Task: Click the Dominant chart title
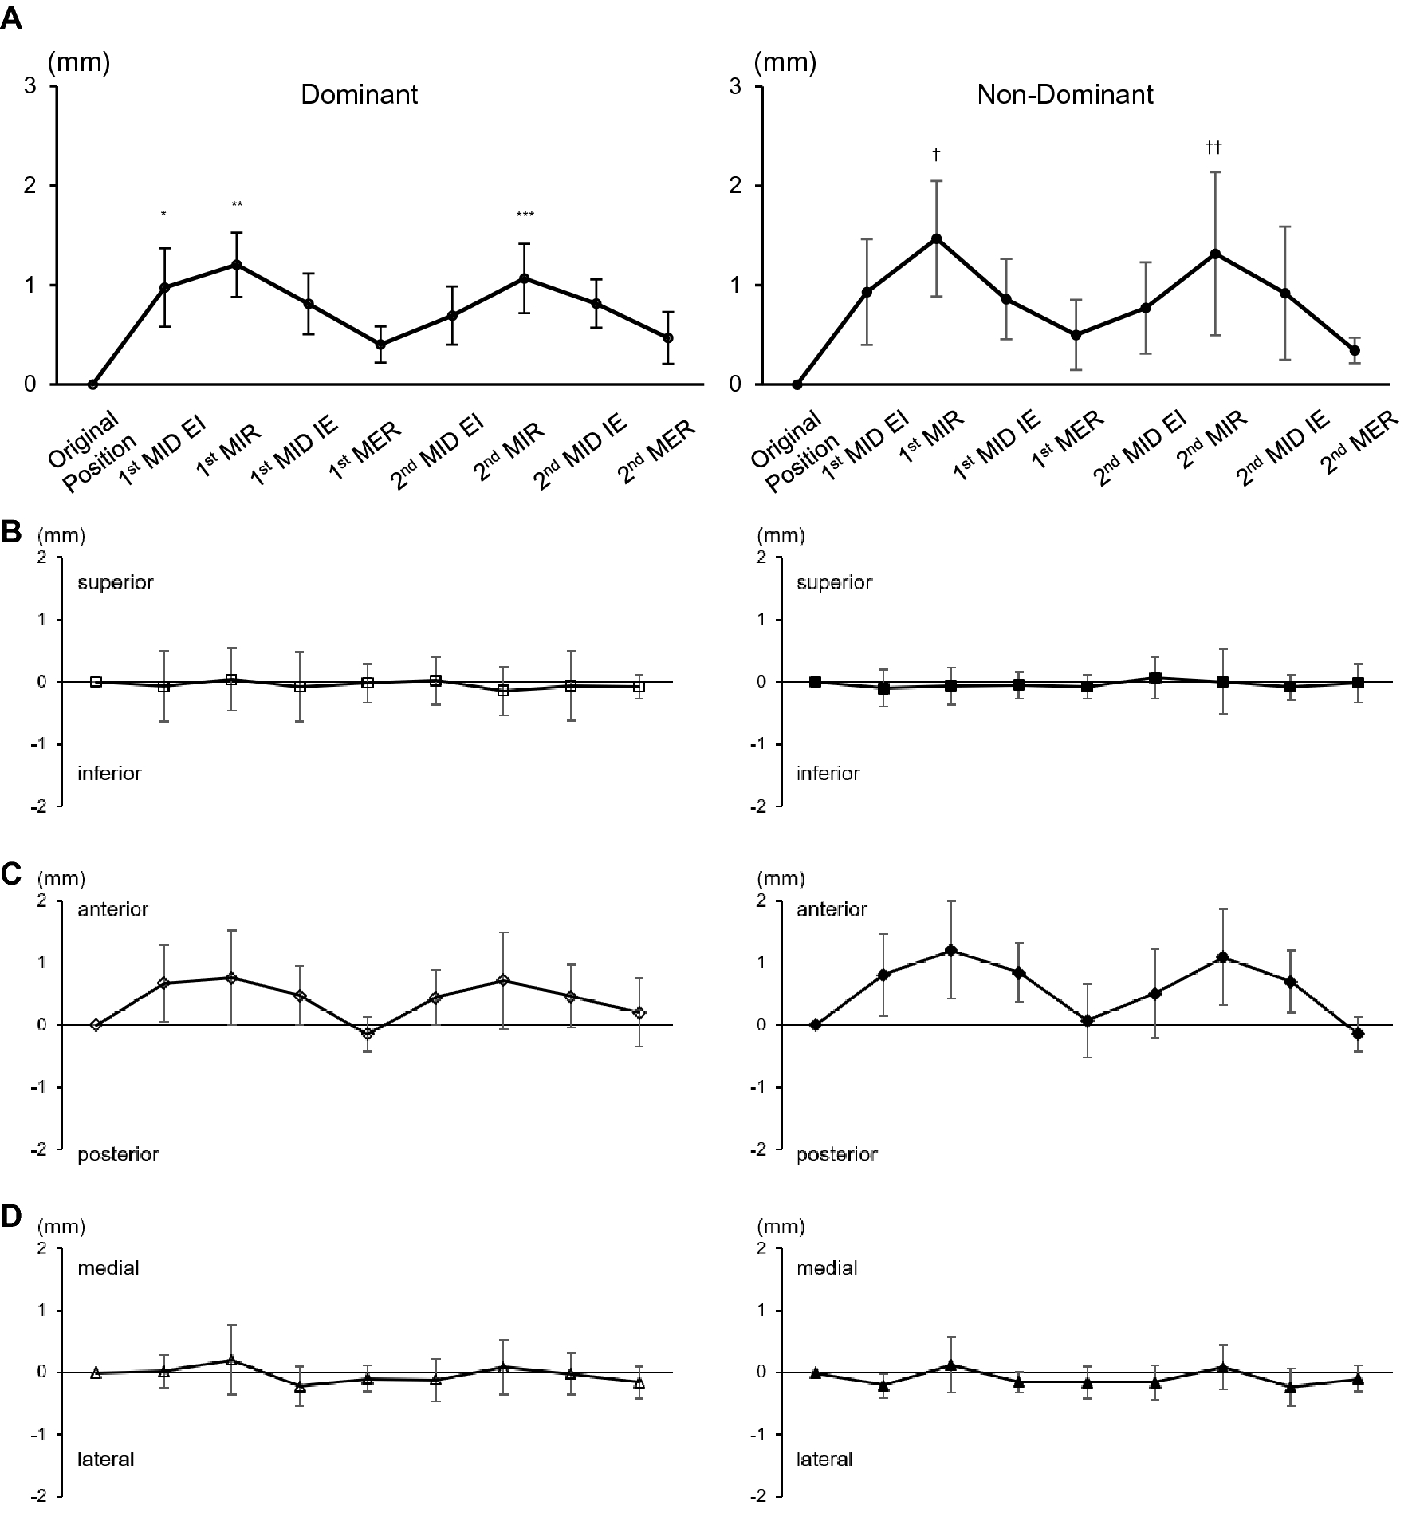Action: coord(359,95)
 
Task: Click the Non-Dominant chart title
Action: coord(1064,95)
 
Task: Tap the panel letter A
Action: coord(11,19)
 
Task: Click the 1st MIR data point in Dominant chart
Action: coord(236,265)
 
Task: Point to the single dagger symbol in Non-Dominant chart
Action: coord(936,153)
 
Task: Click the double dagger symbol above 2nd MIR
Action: coord(1213,148)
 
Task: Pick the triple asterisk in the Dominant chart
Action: coord(525,215)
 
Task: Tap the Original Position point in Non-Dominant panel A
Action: coord(797,384)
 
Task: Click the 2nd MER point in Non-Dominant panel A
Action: coord(1354,350)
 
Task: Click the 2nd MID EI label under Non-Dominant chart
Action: coord(1140,450)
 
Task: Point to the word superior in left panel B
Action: coord(115,583)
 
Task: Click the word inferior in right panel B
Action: coord(828,774)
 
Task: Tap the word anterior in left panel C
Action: coord(112,910)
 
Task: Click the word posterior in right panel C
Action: coord(836,1155)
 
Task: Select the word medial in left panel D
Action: coord(108,1269)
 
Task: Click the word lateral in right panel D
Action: coord(824,1460)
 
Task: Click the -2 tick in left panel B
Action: coord(40,806)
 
